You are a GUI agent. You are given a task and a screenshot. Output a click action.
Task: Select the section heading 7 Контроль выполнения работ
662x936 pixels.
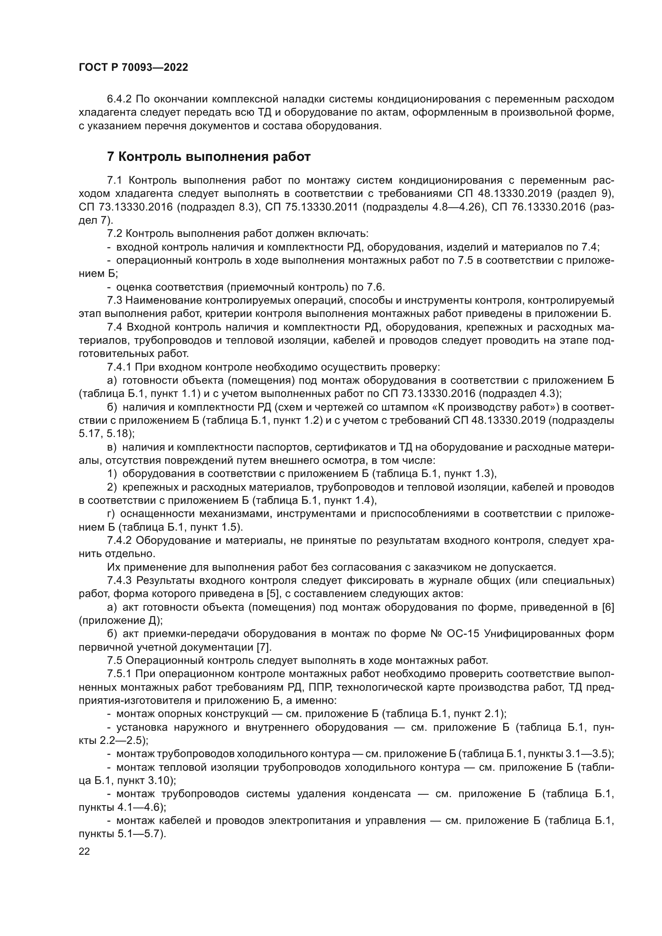(x=209, y=156)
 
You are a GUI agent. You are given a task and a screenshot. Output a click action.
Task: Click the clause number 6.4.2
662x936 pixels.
(x=119, y=99)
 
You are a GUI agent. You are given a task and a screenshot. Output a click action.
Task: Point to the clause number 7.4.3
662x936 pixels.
(x=119, y=580)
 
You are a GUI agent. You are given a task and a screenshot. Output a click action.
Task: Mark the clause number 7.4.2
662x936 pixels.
(x=119, y=540)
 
